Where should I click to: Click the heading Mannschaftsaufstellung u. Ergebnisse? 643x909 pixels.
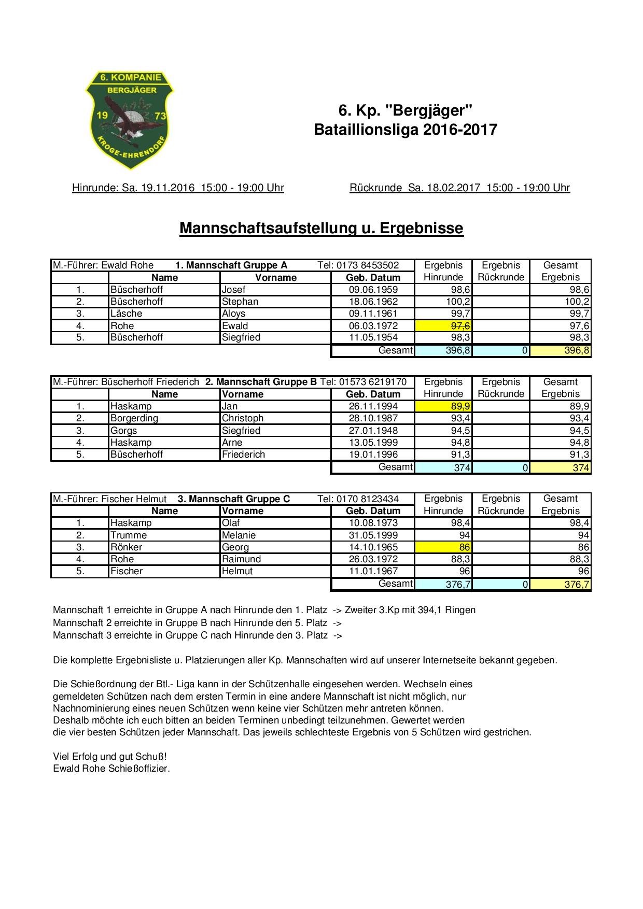pyautogui.click(x=321, y=228)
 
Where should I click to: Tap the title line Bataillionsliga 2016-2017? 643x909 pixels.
pyautogui.click(x=405, y=130)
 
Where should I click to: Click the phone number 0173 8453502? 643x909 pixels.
pyautogui.click(x=368, y=265)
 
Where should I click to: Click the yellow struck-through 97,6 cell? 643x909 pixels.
pyautogui.click(x=443, y=325)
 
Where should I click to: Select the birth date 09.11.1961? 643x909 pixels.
pyautogui.click(x=373, y=314)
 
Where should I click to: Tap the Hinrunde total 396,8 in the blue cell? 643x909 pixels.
pyautogui.click(x=443, y=351)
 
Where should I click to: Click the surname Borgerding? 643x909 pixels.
pyautogui.click(x=134, y=418)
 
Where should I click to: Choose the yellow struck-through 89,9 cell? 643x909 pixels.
pyautogui.click(x=443, y=406)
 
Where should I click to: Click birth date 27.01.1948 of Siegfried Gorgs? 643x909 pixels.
pyautogui.click(x=373, y=431)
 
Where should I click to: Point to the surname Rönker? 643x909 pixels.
pyautogui.click(x=126, y=547)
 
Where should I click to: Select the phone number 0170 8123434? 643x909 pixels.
pyautogui.click(x=368, y=499)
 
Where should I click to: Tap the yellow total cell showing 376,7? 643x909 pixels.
pyautogui.click(x=560, y=585)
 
